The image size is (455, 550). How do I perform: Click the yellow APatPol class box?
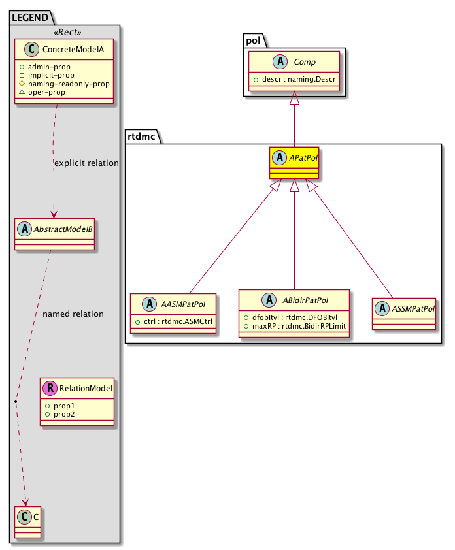click(293, 163)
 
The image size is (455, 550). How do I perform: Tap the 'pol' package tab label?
click(254, 39)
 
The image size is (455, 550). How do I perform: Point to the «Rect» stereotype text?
click(65, 32)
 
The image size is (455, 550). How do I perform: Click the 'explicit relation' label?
click(87, 163)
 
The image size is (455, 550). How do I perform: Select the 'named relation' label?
click(73, 314)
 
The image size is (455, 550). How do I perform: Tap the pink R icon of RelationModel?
click(48, 388)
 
